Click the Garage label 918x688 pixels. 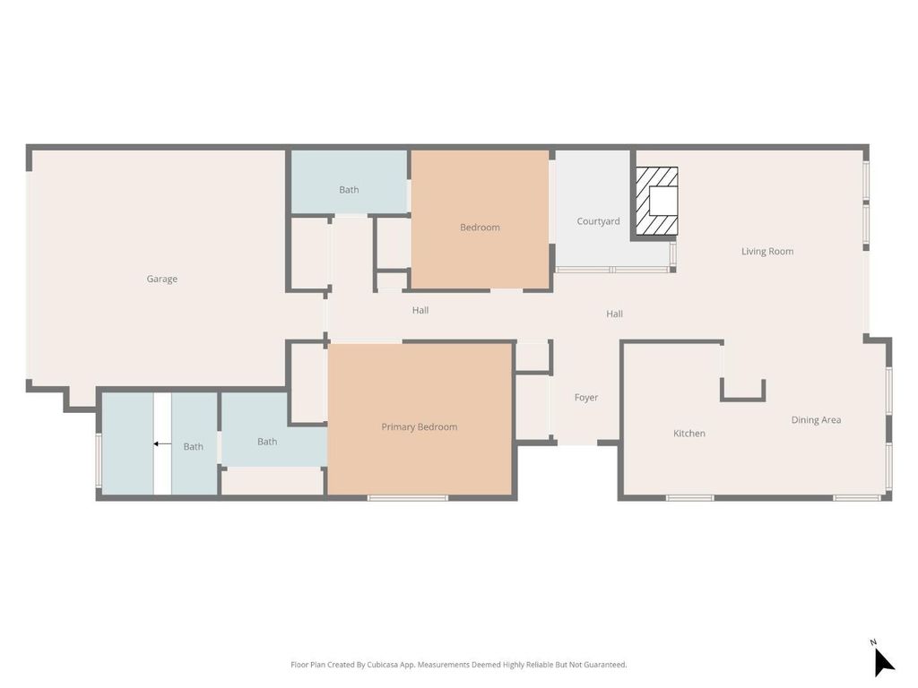pos(161,279)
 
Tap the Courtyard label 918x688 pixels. pos(598,221)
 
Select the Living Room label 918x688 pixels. pos(767,252)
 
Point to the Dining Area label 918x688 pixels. pos(816,420)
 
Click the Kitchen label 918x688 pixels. pos(689,434)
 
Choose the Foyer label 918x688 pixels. pos(586,398)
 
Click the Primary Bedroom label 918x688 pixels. pos(420,427)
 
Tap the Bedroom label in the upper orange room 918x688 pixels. pos(480,228)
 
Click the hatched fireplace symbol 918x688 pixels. pos(657,202)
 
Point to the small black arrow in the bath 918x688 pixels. pos(162,444)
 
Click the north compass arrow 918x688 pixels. pos(883,662)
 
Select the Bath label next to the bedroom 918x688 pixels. pos(349,190)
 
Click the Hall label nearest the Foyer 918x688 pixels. pos(614,314)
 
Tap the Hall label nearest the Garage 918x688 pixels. pos(420,311)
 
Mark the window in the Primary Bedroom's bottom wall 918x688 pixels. pos(408,498)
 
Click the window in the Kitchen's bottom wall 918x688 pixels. pos(689,498)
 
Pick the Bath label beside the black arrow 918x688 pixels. pos(194,447)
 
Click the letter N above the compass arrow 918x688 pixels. pos(873,642)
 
